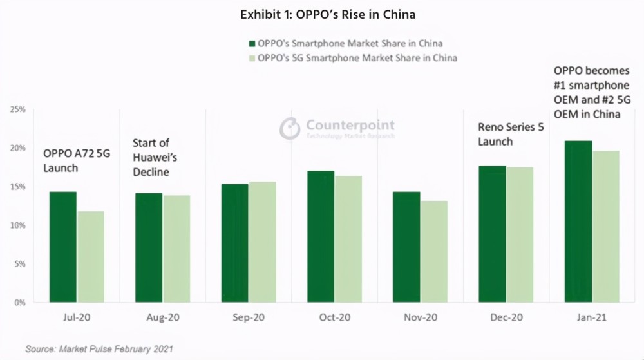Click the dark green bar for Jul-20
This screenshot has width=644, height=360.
(63, 247)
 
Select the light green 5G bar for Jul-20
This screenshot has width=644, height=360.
(90, 257)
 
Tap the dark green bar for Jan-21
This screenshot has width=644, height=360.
(578, 222)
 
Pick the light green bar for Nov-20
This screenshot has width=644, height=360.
(433, 252)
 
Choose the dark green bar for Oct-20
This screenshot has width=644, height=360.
(321, 236)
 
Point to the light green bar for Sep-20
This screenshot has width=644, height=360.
(262, 242)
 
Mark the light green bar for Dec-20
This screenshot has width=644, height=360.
(520, 235)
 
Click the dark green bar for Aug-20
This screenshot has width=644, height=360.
(149, 247)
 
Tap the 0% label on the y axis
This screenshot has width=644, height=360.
(20, 303)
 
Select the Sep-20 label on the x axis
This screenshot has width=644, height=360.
(249, 317)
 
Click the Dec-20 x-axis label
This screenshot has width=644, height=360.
(506, 317)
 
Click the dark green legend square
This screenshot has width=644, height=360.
(252, 44)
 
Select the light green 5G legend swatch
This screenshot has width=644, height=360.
(252, 59)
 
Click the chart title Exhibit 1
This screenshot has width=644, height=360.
(328, 15)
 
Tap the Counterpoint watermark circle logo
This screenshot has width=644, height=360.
(290, 128)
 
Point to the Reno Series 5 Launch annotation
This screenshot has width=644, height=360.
(511, 134)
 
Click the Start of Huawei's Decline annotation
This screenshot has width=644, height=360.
(155, 157)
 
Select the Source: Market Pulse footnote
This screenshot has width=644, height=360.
(99, 349)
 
